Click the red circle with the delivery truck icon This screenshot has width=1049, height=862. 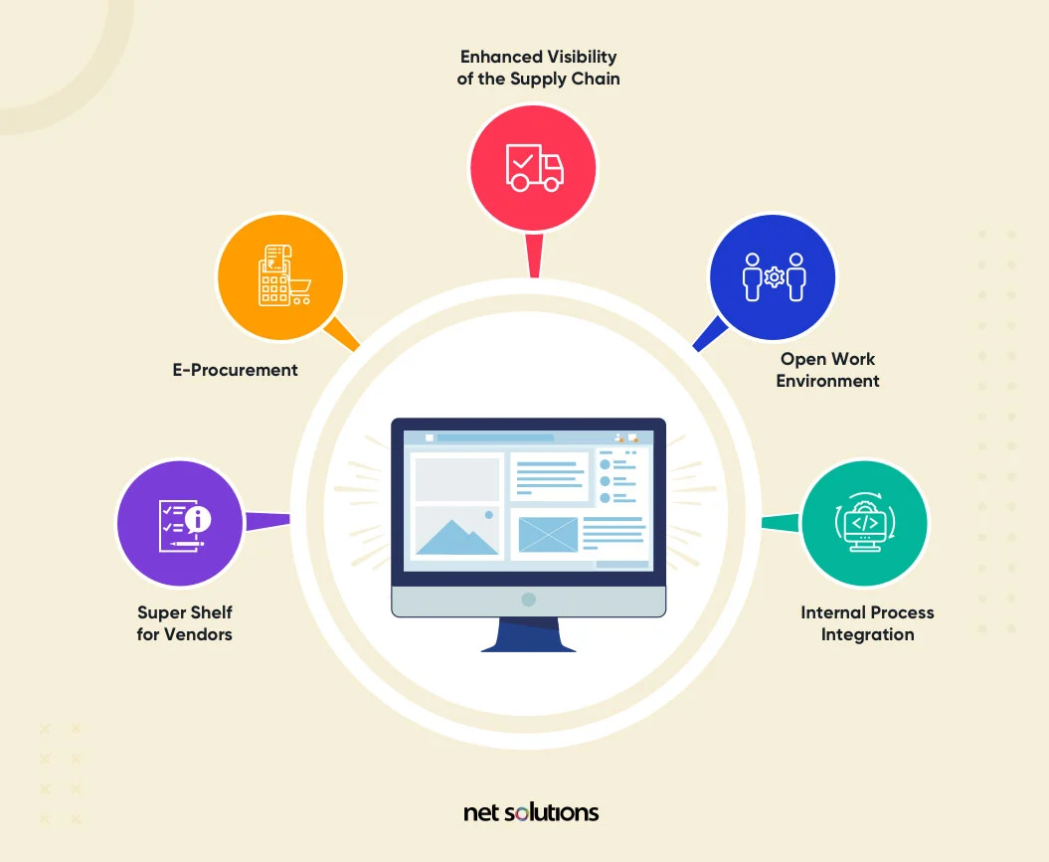[x=533, y=165]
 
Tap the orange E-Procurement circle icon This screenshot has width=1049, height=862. [x=280, y=277]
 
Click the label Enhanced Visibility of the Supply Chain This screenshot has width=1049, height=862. [x=538, y=68]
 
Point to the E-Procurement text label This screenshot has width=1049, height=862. [x=236, y=370]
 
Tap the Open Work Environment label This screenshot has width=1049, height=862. [x=827, y=370]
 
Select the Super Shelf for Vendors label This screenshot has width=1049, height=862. [x=185, y=623]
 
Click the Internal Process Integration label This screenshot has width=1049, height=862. [x=867, y=623]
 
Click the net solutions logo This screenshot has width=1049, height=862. [x=531, y=812]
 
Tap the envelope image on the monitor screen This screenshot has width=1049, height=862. [x=547, y=534]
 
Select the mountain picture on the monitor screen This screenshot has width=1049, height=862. [x=457, y=534]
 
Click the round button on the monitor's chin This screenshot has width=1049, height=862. [x=529, y=600]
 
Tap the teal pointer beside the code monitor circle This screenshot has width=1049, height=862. [x=782, y=523]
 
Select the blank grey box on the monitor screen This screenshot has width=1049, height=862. [x=456, y=479]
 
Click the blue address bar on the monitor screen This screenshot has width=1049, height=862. [x=494, y=437]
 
